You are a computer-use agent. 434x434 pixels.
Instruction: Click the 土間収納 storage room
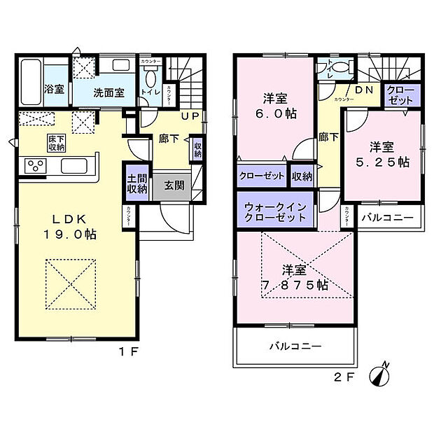point(138,183)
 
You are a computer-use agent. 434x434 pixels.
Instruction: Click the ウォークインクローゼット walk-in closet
point(275,211)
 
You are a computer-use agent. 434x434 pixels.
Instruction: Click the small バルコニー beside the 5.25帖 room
point(387,218)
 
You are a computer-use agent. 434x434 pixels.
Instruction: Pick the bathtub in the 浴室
point(29,83)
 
